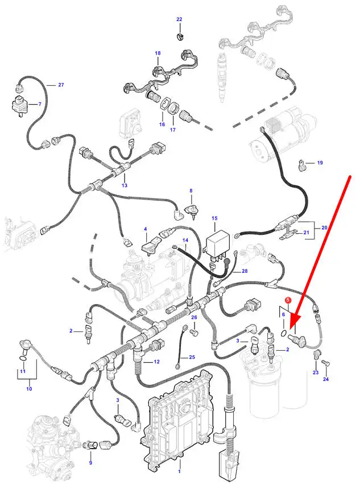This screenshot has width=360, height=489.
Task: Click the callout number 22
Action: (179, 19)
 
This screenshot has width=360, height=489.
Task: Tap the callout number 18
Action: (158, 53)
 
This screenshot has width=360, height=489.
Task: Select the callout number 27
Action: (61, 85)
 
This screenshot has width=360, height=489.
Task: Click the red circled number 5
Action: (288, 300)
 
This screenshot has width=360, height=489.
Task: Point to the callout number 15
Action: (214, 218)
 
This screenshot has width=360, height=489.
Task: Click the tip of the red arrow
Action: (291, 329)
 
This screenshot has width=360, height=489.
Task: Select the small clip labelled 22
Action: (180, 36)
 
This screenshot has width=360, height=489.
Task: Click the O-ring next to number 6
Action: (284, 333)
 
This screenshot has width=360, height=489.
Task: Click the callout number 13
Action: (125, 185)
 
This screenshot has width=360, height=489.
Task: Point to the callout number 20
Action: (324, 227)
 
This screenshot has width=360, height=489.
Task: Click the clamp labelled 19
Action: (302, 165)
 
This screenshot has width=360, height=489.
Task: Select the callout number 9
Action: (90, 462)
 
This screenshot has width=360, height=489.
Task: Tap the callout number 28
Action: (245, 271)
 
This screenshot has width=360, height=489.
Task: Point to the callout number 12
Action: (156, 362)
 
